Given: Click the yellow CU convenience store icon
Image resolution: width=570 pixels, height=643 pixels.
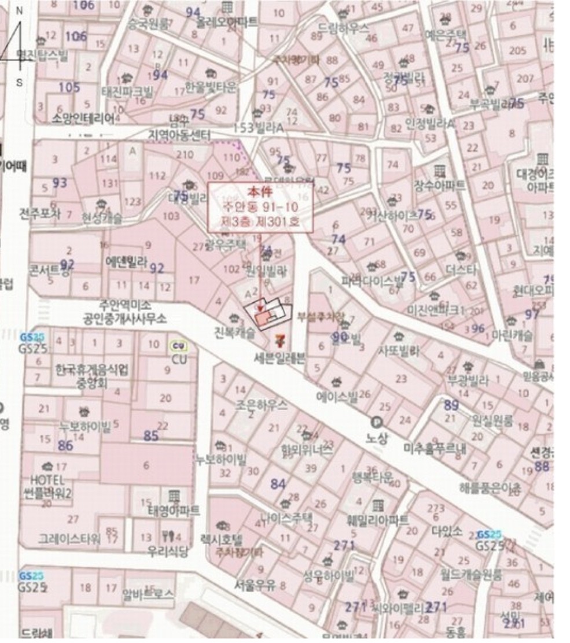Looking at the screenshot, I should click(177, 346).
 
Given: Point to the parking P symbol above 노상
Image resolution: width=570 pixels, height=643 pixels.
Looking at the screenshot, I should click(377, 423).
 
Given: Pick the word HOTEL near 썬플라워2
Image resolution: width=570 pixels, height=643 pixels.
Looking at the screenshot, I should click(47, 480).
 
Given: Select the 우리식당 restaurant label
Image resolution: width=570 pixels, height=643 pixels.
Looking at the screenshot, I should click(168, 551).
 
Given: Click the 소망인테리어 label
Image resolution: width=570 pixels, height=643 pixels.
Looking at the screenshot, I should click(83, 119).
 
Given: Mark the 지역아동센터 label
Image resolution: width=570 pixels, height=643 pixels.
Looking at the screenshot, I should click(180, 135).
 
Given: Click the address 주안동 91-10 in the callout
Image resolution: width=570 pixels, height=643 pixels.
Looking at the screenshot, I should click(260, 206).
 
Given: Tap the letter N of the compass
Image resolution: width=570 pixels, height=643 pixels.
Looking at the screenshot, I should click(19, 11).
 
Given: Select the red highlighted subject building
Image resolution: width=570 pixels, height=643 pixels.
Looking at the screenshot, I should click(262, 318).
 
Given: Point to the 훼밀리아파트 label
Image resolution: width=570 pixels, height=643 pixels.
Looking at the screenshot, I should click(378, 519).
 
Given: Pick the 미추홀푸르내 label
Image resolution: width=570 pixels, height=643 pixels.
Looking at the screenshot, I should click(435, 448).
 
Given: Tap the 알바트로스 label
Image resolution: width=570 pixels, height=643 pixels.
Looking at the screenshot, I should click(148, 593).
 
